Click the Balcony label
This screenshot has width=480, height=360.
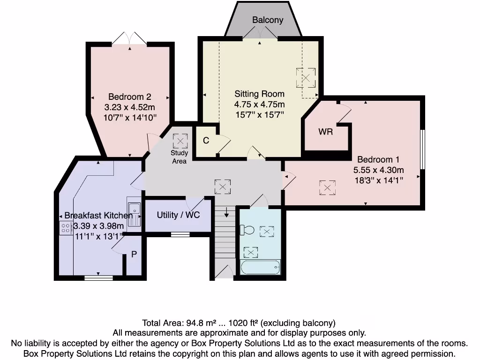(268, 20)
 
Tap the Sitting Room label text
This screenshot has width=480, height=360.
(259, 94)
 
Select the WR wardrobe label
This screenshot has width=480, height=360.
(325, 132)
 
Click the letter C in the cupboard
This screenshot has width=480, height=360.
(206, 141)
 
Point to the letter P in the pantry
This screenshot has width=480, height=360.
(134, 255)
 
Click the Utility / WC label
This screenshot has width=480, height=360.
(178, 215)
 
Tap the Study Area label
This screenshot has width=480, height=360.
(179, 157)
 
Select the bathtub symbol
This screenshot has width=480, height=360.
(260, 268)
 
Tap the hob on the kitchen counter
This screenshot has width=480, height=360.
(64, 228)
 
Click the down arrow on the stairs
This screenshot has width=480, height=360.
(226, 213)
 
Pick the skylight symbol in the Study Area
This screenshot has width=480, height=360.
(180, 140)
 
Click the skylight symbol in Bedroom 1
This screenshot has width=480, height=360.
(327, 188)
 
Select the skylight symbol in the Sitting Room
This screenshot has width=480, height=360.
(306, 77)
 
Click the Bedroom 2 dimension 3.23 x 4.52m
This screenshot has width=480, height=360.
(129, 107)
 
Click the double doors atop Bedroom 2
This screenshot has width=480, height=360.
(130, 38)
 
